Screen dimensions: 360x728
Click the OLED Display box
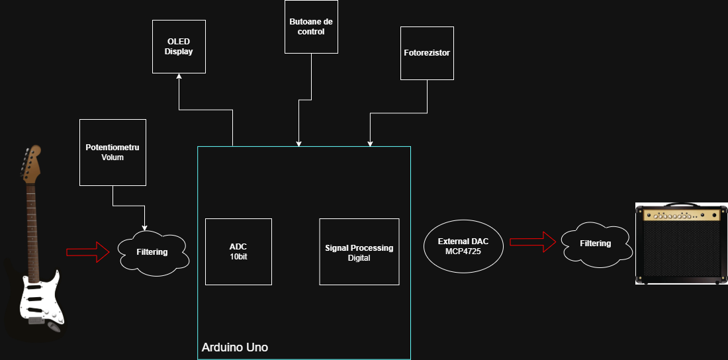[x=179, y=46]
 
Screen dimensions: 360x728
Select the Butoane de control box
[x=311, y=26]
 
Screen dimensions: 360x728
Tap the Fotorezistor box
[x=427, y=53]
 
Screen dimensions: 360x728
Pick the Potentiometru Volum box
[x=113, y=152]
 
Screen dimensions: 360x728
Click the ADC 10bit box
[x=238, y=251]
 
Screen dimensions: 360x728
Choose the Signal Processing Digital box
[x=359, y=251]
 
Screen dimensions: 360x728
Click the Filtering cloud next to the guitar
[x=152, y=251]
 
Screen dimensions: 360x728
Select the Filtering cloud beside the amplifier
[x=595, y=244]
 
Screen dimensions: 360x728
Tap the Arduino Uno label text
[x=234, y=347]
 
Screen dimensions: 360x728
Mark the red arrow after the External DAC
[x=532, y=242]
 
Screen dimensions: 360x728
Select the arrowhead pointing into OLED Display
[x=179, y=77]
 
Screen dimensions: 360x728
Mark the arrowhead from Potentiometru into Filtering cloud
[x=144, y=227]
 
